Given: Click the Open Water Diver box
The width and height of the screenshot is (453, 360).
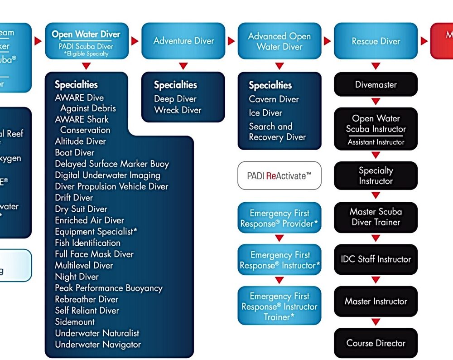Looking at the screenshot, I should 87,41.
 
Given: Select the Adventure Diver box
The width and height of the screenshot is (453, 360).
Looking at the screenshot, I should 183,41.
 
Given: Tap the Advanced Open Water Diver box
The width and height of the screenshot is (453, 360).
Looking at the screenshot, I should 280,41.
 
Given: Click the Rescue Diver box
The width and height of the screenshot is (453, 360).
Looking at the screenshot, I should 376,41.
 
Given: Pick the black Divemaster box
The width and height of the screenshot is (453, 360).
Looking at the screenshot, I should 376,84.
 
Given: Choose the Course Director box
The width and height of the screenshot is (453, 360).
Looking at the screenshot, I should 376,343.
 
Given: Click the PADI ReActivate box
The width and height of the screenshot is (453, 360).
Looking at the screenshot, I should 280,175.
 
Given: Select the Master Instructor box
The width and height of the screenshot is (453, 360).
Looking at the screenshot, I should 376,301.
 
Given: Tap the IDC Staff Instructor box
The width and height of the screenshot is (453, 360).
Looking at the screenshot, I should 376,259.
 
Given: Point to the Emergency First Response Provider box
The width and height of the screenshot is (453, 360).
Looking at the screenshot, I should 280,218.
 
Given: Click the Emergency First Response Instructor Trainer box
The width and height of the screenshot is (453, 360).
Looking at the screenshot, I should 280,306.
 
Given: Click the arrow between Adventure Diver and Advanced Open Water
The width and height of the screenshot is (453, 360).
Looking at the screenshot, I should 231,41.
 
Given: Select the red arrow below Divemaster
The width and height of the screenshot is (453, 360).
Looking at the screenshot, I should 376,101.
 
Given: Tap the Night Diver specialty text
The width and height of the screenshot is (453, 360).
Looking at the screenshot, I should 77,277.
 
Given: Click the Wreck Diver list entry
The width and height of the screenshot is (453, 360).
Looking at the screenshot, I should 178,110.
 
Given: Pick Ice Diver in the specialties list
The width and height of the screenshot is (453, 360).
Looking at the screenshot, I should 265,113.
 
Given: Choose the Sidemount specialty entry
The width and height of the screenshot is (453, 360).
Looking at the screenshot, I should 75,322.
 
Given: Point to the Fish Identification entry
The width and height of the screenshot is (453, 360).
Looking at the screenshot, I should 87,243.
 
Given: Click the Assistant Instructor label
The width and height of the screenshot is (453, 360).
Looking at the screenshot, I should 376,142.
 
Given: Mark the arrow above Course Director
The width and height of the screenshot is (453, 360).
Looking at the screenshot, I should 376,322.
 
